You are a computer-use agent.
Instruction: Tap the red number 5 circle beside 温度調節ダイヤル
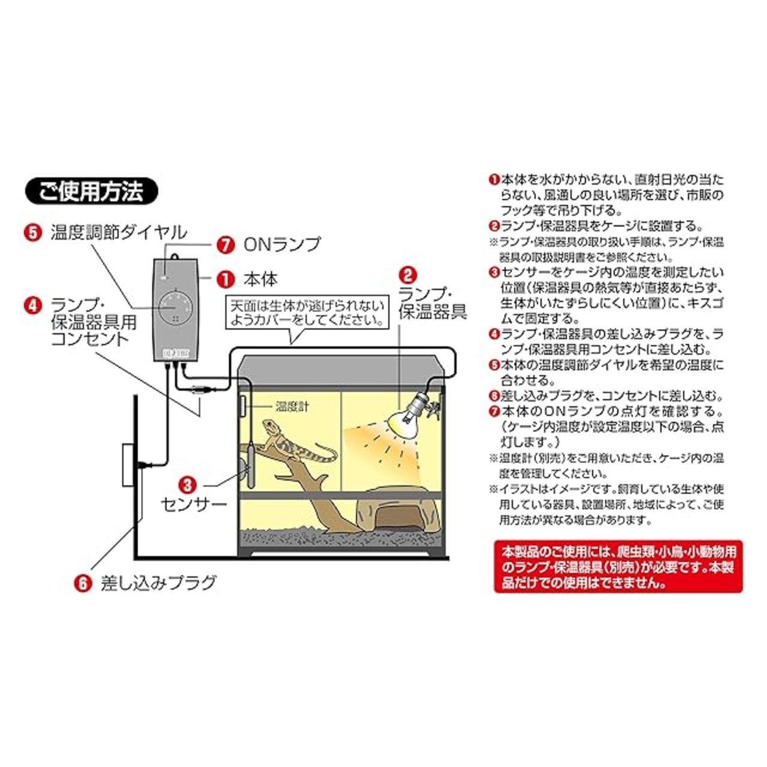coord(33,232)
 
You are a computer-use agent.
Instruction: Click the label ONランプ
coord(282,244)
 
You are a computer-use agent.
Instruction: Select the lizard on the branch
coord(294,443)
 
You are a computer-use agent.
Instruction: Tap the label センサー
coord(194,503)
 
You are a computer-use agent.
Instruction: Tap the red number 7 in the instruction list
coord(494,412)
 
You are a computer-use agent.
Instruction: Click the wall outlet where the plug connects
coord(128,464)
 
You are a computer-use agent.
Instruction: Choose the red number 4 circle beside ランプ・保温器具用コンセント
coord(33,305)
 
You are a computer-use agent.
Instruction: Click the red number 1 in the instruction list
coord(494,179)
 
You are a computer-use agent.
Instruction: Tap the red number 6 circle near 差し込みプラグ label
coord(83,582)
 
